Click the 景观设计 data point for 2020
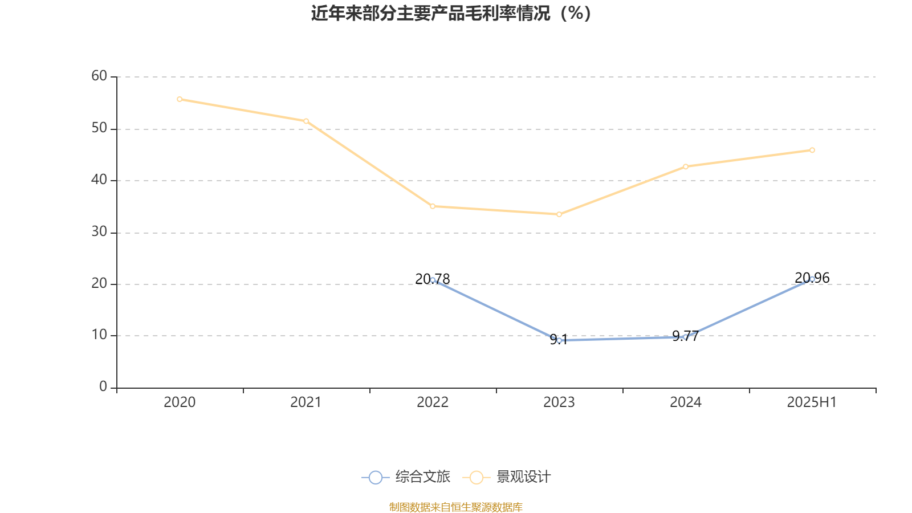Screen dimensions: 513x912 click(x=180, y=99)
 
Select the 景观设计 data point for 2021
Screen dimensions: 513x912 click(x=306, y=121)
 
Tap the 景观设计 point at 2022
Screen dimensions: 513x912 click(x=433, y=206)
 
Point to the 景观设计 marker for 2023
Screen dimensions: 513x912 click(x=559, y=214)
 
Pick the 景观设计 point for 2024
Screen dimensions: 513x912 click(x=686, y=166)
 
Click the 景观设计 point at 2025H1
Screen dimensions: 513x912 click(x=812, y=150)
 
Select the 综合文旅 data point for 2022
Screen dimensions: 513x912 click(x=433, y=280)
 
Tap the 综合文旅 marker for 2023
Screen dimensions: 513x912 click(x=559, y=340)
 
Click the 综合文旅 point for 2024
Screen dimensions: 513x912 click(x=686, y=337)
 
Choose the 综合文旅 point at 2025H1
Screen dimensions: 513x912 click(x=812, y=279)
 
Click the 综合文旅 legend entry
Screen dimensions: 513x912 click(x=406, y=477)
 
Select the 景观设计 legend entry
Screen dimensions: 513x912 click(x=507, y=477)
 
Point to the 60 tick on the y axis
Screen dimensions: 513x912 click(x=99, y=76)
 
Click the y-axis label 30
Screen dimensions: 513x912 click(x=99, y=231)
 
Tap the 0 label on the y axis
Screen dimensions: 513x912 click(x=103, y=387)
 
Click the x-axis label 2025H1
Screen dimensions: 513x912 click(x=812, y=402)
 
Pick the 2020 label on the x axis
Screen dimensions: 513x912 click(x=180, y=402)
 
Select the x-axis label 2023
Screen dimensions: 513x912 click(x=559, y=402)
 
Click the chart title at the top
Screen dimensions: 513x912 click(x=451, y=13)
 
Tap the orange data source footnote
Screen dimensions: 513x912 click(x=456, y=507)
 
